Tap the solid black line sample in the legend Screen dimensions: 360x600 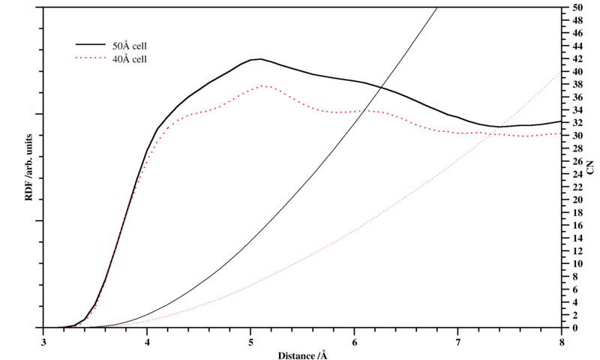[89, 46]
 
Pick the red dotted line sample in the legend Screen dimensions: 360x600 [89, 58]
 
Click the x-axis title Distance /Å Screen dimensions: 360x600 [302, 354]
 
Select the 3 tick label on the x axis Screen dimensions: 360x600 [44, 341]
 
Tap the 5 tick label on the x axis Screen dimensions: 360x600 [251, 341]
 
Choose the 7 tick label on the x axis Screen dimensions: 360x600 [457, 341]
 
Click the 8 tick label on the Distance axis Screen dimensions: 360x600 [561, 341]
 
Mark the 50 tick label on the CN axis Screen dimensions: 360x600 [576, 7]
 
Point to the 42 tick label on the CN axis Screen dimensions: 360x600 [576, 58]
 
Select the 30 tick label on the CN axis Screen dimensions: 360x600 [576, 136]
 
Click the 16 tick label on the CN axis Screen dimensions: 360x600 [576, 225]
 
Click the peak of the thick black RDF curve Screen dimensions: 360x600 [259, 58]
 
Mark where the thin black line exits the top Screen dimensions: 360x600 [436, 7]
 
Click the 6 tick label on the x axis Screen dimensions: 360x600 [354, 341]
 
